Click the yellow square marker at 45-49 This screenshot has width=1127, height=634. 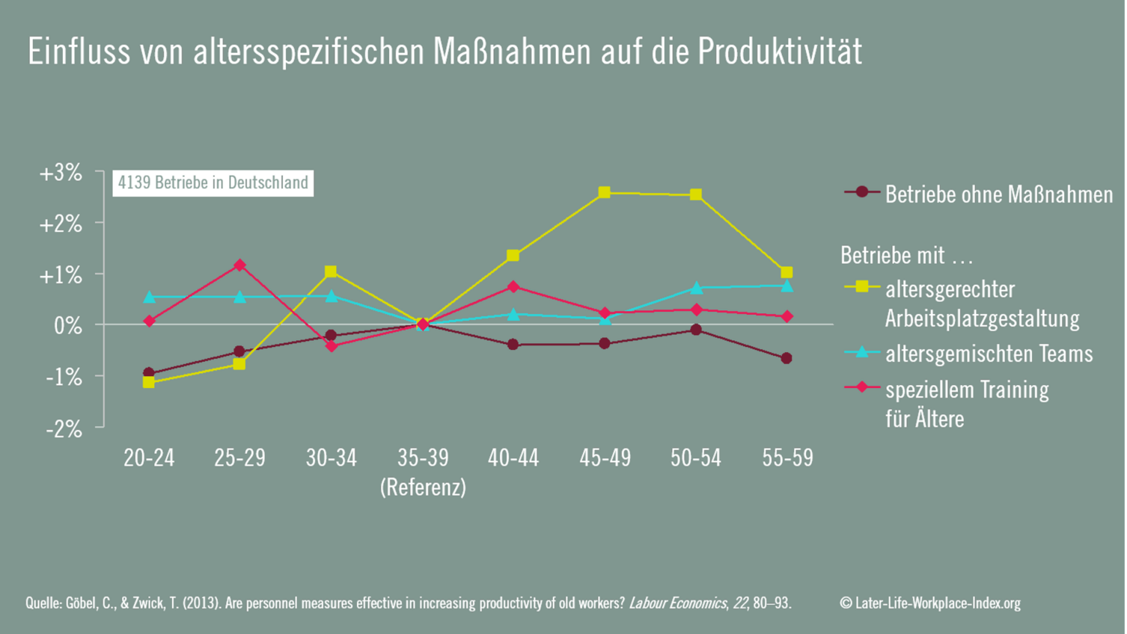click(605, 193)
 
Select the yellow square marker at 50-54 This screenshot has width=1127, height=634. click(696, 194)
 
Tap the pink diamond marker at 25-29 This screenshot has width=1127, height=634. click(239, 265)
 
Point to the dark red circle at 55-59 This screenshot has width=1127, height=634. click(787, 358)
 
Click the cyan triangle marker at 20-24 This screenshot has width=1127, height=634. click(149, 298)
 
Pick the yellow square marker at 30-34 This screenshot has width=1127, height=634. click(331, 271)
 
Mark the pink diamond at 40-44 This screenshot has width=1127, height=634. click(513, 286)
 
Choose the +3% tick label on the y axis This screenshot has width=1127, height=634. click(61, 173)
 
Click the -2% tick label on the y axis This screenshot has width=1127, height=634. click(64, 428)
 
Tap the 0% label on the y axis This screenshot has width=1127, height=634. click(68, 326)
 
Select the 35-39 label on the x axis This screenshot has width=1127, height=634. click(423, 458)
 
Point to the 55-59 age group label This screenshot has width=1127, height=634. click(787, 458)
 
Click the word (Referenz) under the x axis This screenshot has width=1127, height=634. click(423, 487)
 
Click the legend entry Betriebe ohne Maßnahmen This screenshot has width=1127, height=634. click(998, 194)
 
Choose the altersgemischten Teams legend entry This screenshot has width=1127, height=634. click(989, 354)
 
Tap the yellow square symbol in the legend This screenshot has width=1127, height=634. click(862, 286)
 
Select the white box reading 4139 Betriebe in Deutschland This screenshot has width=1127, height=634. click(213, 183)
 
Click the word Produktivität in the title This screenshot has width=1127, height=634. click(780, 52)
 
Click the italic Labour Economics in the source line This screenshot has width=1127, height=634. click(677, 603)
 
